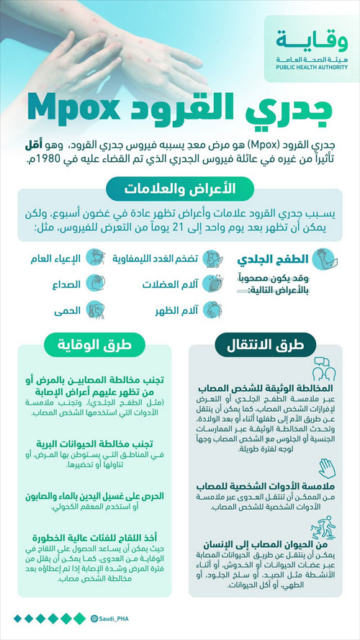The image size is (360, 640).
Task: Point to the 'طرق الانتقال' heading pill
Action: (x=266, y=343)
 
